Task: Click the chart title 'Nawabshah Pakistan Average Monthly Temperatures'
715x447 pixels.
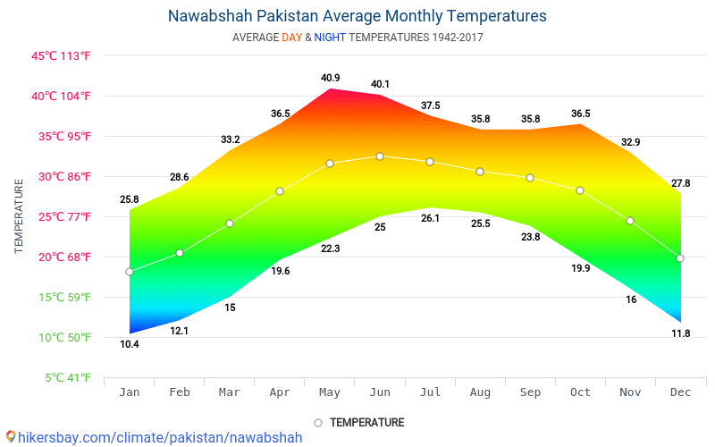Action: click(357, 16)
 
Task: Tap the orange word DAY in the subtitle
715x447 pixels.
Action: click(291, 38)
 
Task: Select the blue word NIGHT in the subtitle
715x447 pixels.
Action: click(330, 38)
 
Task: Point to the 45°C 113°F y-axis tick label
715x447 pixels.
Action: click(61, 55)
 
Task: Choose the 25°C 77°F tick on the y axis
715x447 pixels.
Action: click(61, 216)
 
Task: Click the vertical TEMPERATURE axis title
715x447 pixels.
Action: click(19, 216)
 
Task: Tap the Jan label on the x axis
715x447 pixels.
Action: click(130, 392)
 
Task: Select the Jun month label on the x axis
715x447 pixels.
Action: click(380, 392)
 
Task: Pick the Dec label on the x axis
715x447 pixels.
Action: click(680, 392)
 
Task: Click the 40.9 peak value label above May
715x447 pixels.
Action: click(331, 78)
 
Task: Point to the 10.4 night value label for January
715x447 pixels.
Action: click(130, 344)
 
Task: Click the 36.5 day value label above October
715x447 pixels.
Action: click(580, 114)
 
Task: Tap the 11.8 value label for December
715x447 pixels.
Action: click(680, 333)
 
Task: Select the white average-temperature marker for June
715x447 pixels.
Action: click(380, 156)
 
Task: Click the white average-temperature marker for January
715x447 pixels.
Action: click(130, 272)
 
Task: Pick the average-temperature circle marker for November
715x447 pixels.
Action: click(630, 221)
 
